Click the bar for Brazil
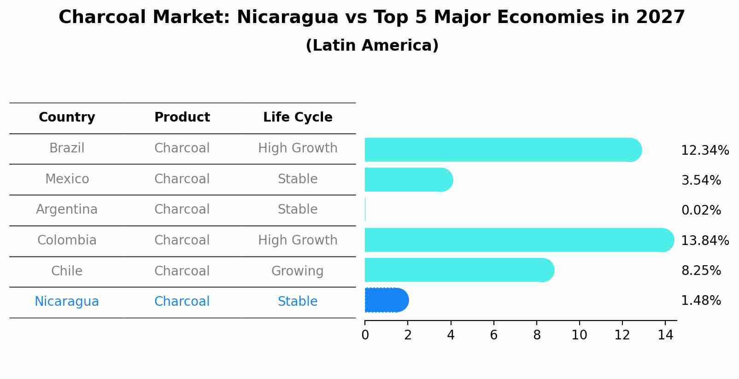click(x=502, y=150)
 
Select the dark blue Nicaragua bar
click(x=386, y=300)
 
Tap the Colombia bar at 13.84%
click(x=518, y=240)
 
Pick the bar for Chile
click(x=458, y=270)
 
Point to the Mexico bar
click(x=408, y=180)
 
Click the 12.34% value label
click(x=704, y=151)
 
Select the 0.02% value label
click(x=701, y=210)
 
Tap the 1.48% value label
click(x=701, y=301)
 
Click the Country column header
click(x=67, y=117)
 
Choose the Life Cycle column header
click(x=298, y=117)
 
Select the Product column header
click(x=182, y=117)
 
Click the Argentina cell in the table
click(x=67, y=210)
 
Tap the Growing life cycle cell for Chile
click(x=298, y=271)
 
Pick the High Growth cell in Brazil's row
click(x=298, y=148)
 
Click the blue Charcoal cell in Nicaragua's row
click(x=182, y=302)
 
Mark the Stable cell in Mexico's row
click(x=298, y=179)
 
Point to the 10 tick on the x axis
click(x=579, y=335)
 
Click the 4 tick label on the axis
click(x=451, y=335)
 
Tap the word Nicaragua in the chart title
click(x=287, y=17)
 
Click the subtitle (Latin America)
click(x=372, y=46)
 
